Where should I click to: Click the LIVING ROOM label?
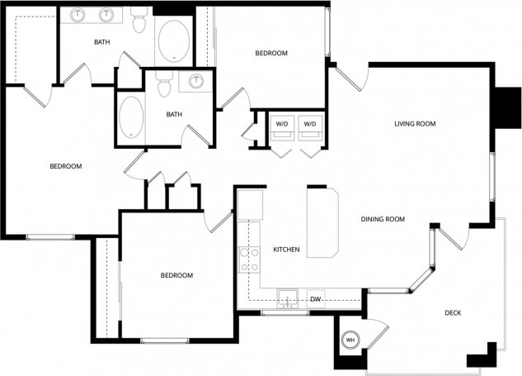414,124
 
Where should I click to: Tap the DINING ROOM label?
383,219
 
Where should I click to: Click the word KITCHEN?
286,250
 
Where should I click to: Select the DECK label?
453,312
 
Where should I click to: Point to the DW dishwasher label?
314,299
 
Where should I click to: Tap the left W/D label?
282,124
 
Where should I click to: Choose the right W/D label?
310,124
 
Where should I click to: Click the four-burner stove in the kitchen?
249,259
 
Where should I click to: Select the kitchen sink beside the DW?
287,298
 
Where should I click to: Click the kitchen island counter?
323,221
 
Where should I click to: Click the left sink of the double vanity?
79,15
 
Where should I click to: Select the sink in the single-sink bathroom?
197,81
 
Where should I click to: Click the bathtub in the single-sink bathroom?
131,117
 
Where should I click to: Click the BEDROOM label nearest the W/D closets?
270,54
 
